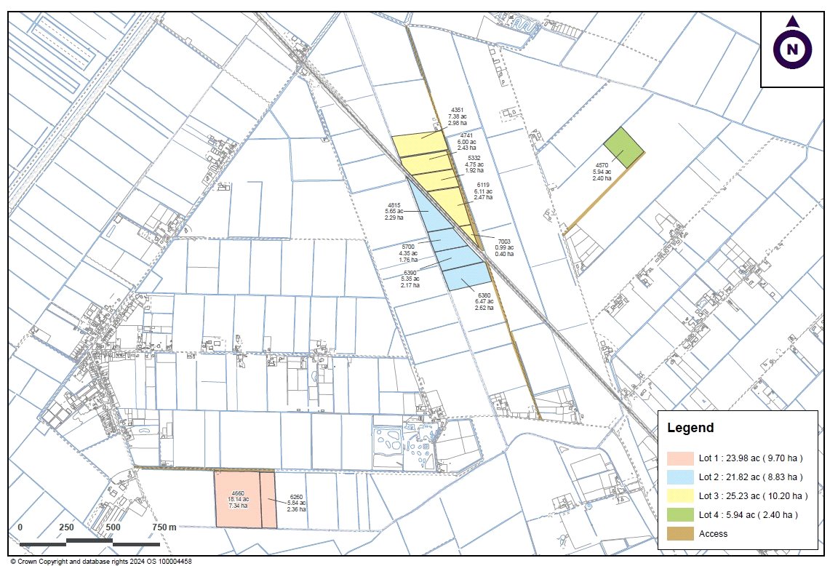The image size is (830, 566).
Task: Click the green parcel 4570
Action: pos(624,148)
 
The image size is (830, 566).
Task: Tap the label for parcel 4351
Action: pos(458,116)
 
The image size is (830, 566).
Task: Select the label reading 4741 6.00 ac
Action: pos(466,142)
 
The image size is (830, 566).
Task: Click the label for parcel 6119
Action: pos(483,191)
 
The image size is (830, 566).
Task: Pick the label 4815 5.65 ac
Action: pos(394,211)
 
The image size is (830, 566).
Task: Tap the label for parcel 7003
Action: pos(504,247)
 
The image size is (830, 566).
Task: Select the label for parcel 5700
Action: pos(407,253)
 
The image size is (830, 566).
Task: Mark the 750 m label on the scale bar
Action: pos(164,527)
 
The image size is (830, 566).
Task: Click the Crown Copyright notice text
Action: pos(101,561)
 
